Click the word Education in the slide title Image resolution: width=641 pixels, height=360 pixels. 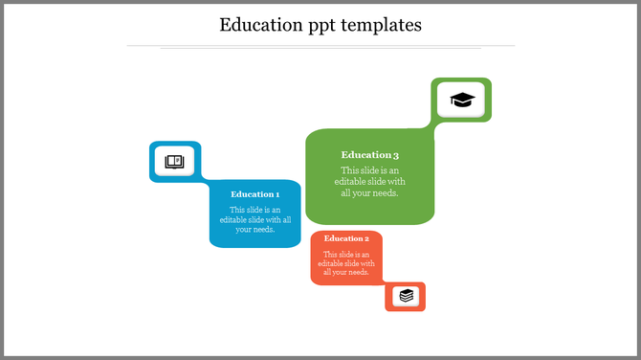coord(261,25)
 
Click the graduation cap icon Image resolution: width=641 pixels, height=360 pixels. coord(462,100)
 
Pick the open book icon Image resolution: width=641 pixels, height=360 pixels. coord(174,161)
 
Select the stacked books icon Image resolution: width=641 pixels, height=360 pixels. coord(407,296)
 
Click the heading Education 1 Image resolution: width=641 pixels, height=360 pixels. coord(254,194)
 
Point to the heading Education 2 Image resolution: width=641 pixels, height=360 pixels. coord(346,238)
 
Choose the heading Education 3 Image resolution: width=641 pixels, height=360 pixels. coord(369,155)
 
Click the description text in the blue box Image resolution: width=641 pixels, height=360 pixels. coord(254,219)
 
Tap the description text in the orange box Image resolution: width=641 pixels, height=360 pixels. coord(346,262)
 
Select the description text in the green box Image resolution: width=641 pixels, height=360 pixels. coord(369,181)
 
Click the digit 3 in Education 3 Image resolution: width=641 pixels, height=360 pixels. coord(395,155)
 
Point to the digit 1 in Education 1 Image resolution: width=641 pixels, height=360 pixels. coord(277,194)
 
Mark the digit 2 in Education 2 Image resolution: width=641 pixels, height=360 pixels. coord(366,238)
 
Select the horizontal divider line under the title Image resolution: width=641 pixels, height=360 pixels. coord(320,45)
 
